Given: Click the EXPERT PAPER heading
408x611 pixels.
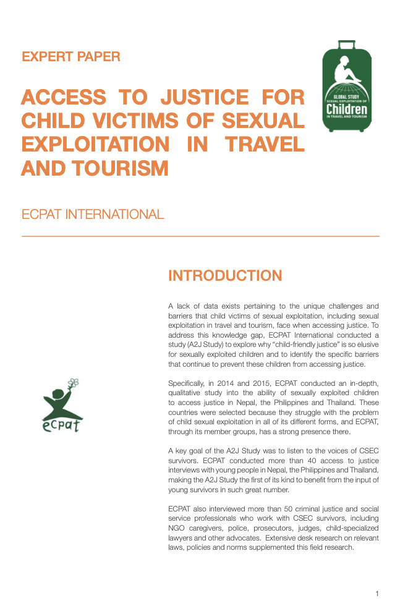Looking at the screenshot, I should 70,57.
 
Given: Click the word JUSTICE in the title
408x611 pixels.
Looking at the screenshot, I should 202,97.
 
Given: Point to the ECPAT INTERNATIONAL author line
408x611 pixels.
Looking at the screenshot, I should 93,215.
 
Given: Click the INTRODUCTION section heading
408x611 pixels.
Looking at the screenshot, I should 225,276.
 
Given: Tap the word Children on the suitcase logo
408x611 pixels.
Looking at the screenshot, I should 347,110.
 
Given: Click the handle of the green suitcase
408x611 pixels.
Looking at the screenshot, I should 347,45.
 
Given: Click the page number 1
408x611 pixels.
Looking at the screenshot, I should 376,594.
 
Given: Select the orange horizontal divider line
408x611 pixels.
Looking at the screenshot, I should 200,236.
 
